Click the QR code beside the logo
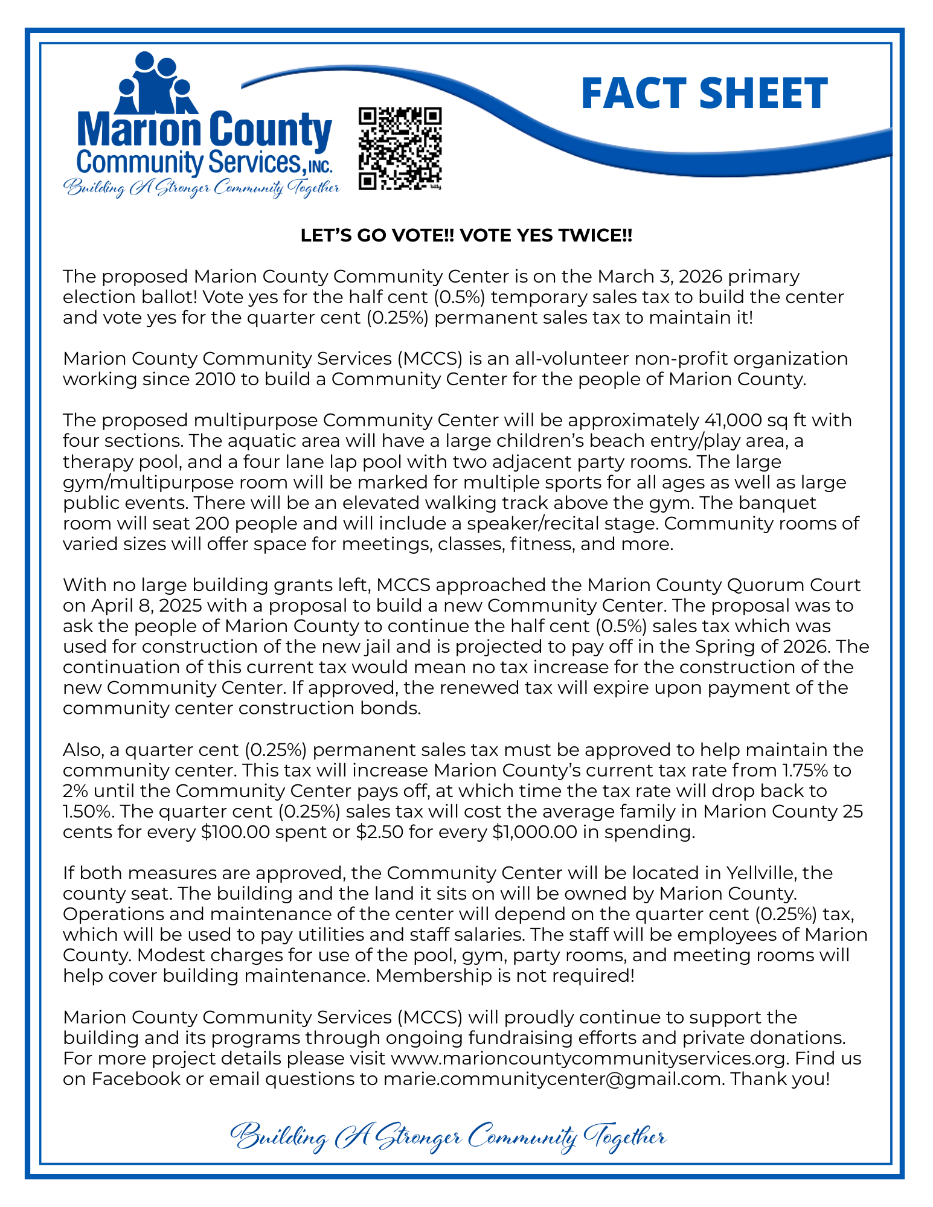(400, 149)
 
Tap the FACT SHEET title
(704, 94)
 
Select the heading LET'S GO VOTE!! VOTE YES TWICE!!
(466, 235)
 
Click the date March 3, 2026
(660, 277)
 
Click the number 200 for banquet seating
(215, 523)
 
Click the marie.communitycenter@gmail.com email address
(553, 1078)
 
